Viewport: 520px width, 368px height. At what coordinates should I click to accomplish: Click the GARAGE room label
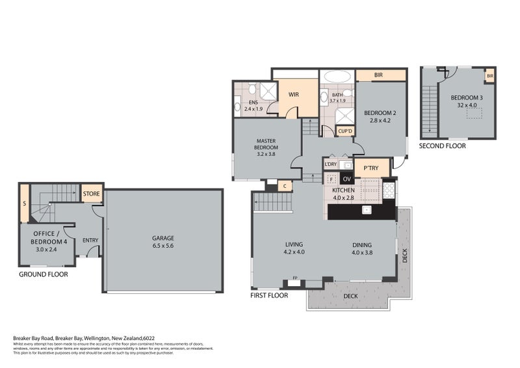[x=163, y=241]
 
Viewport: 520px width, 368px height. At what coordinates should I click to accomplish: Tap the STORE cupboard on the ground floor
[x=91, y=193]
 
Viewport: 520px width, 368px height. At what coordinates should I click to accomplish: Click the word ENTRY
[x=90, y=241]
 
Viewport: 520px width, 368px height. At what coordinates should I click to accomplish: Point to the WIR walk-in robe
[x=293, y=95]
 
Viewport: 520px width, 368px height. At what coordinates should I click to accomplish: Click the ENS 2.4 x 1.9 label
[x=251, y=105]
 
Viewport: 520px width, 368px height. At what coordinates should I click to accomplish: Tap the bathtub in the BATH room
[x=337, y=76]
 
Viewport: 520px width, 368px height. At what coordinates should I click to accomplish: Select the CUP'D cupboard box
[x=345, y=131]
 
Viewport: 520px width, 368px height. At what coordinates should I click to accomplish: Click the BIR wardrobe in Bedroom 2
[x=378, y=76]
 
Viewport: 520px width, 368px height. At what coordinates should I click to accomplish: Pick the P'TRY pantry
[x=371, y=168]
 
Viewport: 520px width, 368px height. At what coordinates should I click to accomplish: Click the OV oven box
[x=346, y=179]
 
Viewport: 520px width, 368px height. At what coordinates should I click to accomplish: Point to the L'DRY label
[x=330, y=164]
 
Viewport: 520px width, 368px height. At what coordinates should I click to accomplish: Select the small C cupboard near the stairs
[x=285, y=187]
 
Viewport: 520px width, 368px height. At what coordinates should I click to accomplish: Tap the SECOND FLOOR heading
[x=442, y=146]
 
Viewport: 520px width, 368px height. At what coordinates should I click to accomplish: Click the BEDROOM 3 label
[x=468, y=101]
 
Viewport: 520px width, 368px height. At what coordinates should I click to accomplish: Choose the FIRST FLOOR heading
[x=269, y=295]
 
